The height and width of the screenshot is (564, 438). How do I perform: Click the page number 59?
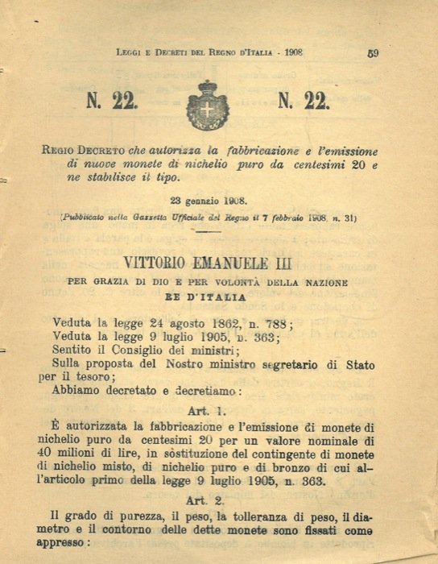(373, 54)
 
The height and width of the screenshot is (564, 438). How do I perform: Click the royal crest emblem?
(208, 106)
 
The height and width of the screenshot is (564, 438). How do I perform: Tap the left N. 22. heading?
(112, 102)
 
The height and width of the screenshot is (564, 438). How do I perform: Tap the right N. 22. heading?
(304, 102)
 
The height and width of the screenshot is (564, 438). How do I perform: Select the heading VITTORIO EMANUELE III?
(208, 263)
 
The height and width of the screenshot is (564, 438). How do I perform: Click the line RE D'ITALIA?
(208, 297)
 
